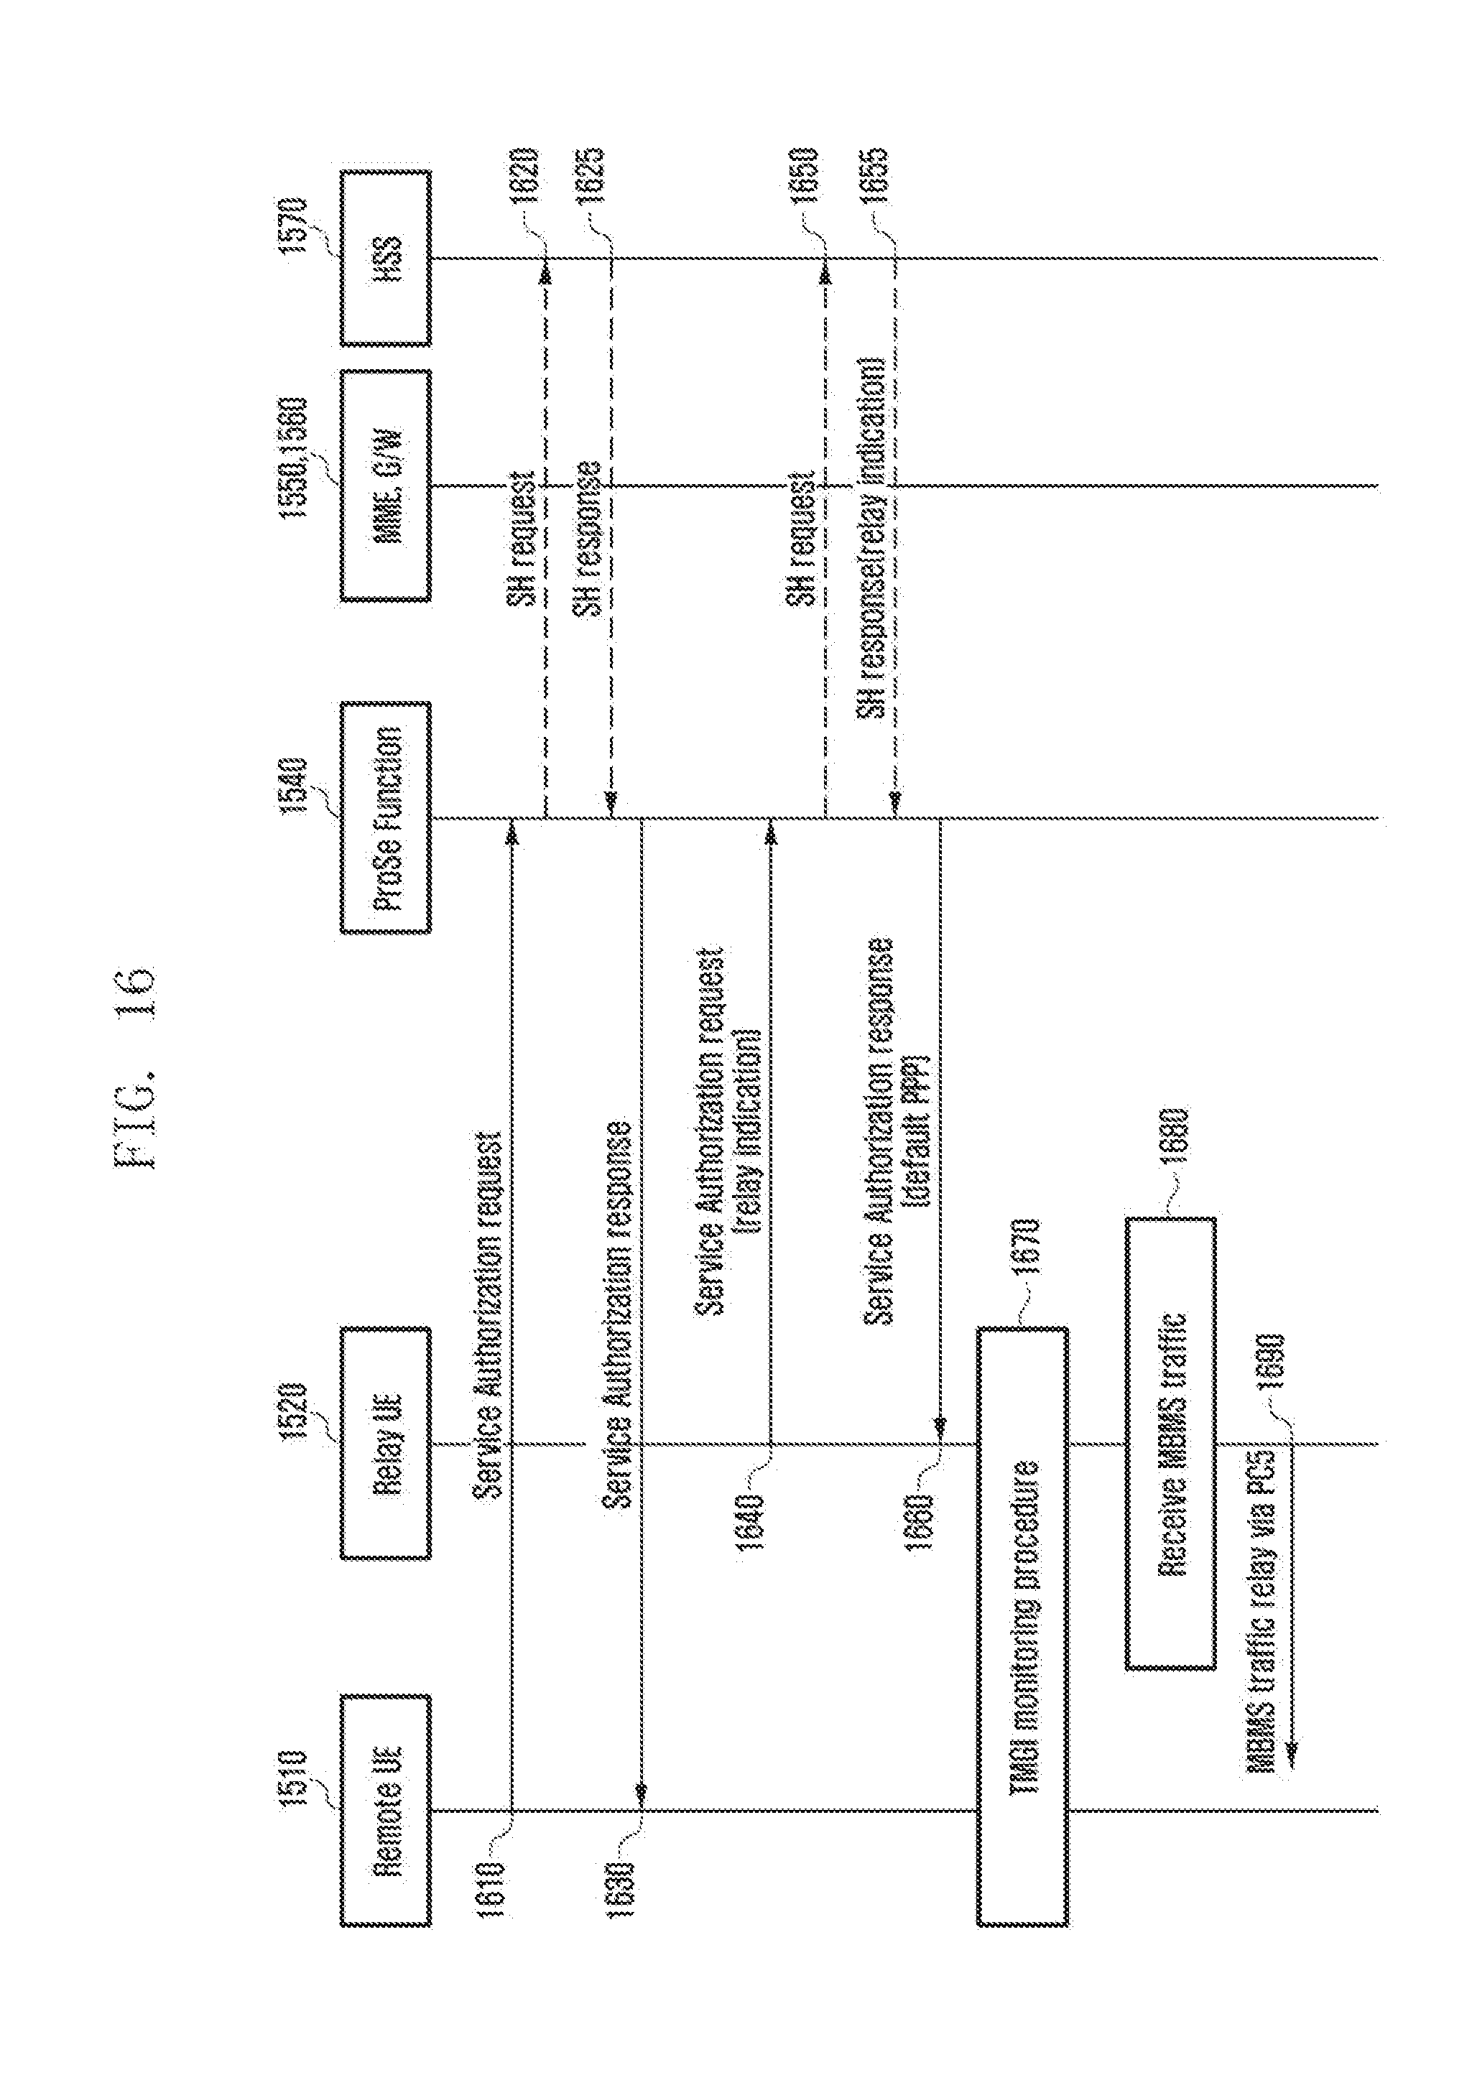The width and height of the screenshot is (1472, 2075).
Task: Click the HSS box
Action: (x=385, y=259)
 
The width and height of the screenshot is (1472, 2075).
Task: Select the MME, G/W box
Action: (x=385, y=486)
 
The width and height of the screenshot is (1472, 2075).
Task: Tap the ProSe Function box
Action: (x=385, y=817)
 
